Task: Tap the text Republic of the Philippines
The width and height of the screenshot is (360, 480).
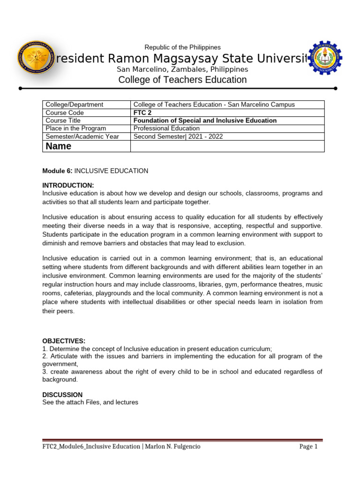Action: click(x=182, y=47)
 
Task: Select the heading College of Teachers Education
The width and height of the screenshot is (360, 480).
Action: click(x=182, y=80)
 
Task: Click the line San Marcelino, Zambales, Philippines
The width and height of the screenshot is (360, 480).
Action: click(x=182, y=69)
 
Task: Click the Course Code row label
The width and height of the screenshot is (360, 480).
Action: click(x=65, y=112)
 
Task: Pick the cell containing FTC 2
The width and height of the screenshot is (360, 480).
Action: click(x=143, y=112)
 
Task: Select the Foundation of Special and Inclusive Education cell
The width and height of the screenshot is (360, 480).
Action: click(x=205, y=120)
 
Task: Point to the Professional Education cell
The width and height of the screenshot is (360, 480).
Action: click(x=166, y=128)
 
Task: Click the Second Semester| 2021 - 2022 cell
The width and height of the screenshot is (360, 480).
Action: click(x=178, y=136)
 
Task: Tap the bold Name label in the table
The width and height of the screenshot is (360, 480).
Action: click(x=59, y=146)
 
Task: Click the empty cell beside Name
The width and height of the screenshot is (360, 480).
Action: click(x=227, y=146)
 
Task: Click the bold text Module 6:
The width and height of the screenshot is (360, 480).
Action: click(x=57, y=171)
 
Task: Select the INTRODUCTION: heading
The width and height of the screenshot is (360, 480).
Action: click(x=68, y=185)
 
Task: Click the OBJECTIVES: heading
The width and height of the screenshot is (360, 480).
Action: click(x=64, y=341)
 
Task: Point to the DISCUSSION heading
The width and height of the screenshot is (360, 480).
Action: click(x=62, y=395)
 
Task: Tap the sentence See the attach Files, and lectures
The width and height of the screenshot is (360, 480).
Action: click(x=90, y=402)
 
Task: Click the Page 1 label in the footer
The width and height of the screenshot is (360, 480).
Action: click(x=308, y=446)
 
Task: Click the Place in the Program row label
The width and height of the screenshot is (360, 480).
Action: click(x=74, y=128)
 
